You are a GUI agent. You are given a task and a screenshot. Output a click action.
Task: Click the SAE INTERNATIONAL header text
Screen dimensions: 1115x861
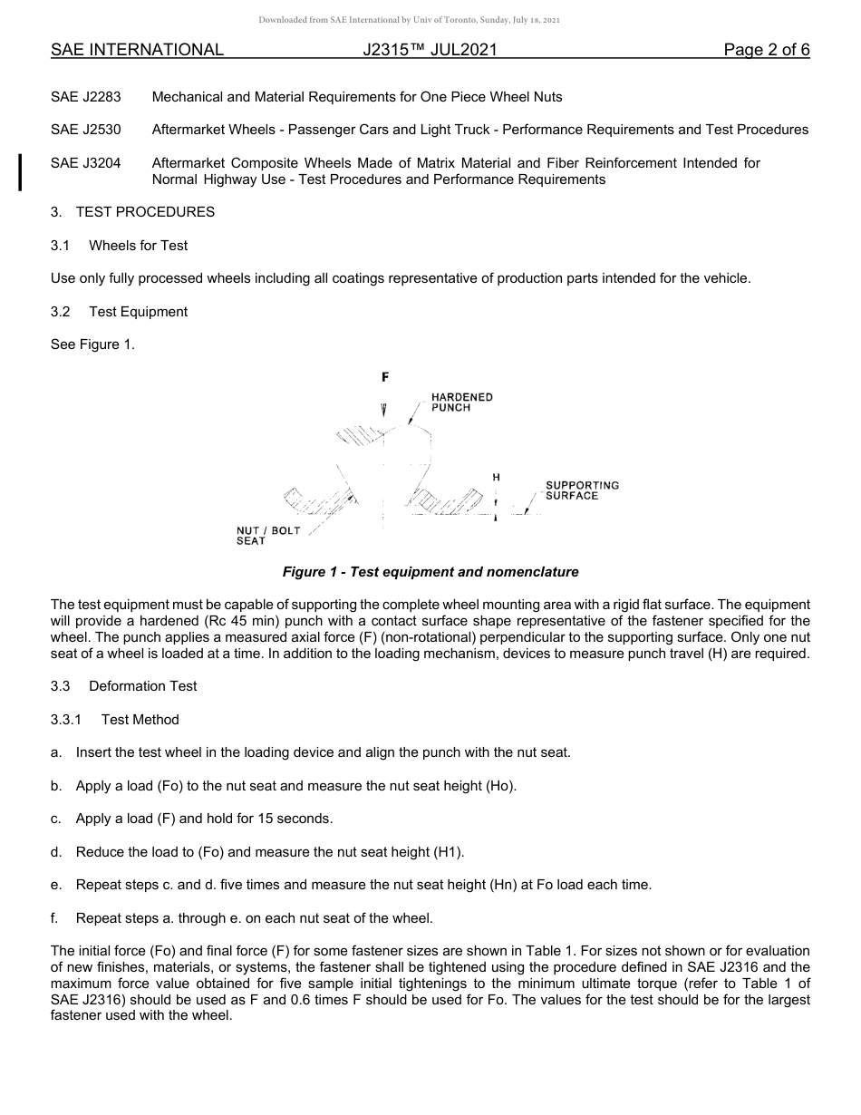click(x=137, y=51)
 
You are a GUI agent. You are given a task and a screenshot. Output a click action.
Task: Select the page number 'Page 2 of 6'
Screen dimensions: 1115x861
click(x=766, y=51)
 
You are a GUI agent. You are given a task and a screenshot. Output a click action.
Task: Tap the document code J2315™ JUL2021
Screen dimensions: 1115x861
click(x=430, y=51)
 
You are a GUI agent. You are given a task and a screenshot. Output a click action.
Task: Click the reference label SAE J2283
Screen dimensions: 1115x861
click(x=86, y=97)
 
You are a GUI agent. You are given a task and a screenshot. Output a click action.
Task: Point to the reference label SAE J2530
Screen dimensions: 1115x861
click(x=86, y=131)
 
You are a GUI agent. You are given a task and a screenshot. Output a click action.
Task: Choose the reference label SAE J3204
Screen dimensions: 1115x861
click(x=86, y=163)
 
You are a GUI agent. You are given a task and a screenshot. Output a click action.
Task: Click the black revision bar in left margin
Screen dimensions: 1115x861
click(x=21, y=172)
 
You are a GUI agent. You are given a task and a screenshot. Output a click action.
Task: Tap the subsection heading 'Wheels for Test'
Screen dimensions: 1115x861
click(x=138, y=246)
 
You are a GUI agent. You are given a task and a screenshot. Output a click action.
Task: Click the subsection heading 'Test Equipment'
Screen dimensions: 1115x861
click(x=138, y=312)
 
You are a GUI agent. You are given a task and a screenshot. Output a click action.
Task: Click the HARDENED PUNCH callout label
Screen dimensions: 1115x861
click(x=461, y=402)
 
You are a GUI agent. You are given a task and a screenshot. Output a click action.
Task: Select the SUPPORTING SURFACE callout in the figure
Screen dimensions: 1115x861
click(x=582, y=490)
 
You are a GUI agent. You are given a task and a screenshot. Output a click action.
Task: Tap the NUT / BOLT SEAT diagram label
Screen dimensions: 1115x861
click(x=267, y=536)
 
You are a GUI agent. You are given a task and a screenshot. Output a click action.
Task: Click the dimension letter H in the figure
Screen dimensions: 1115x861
click(x=496, y=477)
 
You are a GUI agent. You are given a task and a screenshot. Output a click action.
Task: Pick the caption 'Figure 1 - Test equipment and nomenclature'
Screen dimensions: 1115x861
click(x=430, y=572)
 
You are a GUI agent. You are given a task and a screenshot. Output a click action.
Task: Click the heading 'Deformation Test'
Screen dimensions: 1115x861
click(x=142, y=686)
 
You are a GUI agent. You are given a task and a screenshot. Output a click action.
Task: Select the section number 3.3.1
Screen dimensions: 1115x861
click(x=66, y=720)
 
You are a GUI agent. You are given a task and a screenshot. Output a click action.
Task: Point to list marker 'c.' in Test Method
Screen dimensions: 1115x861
click(x=57, y=819)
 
